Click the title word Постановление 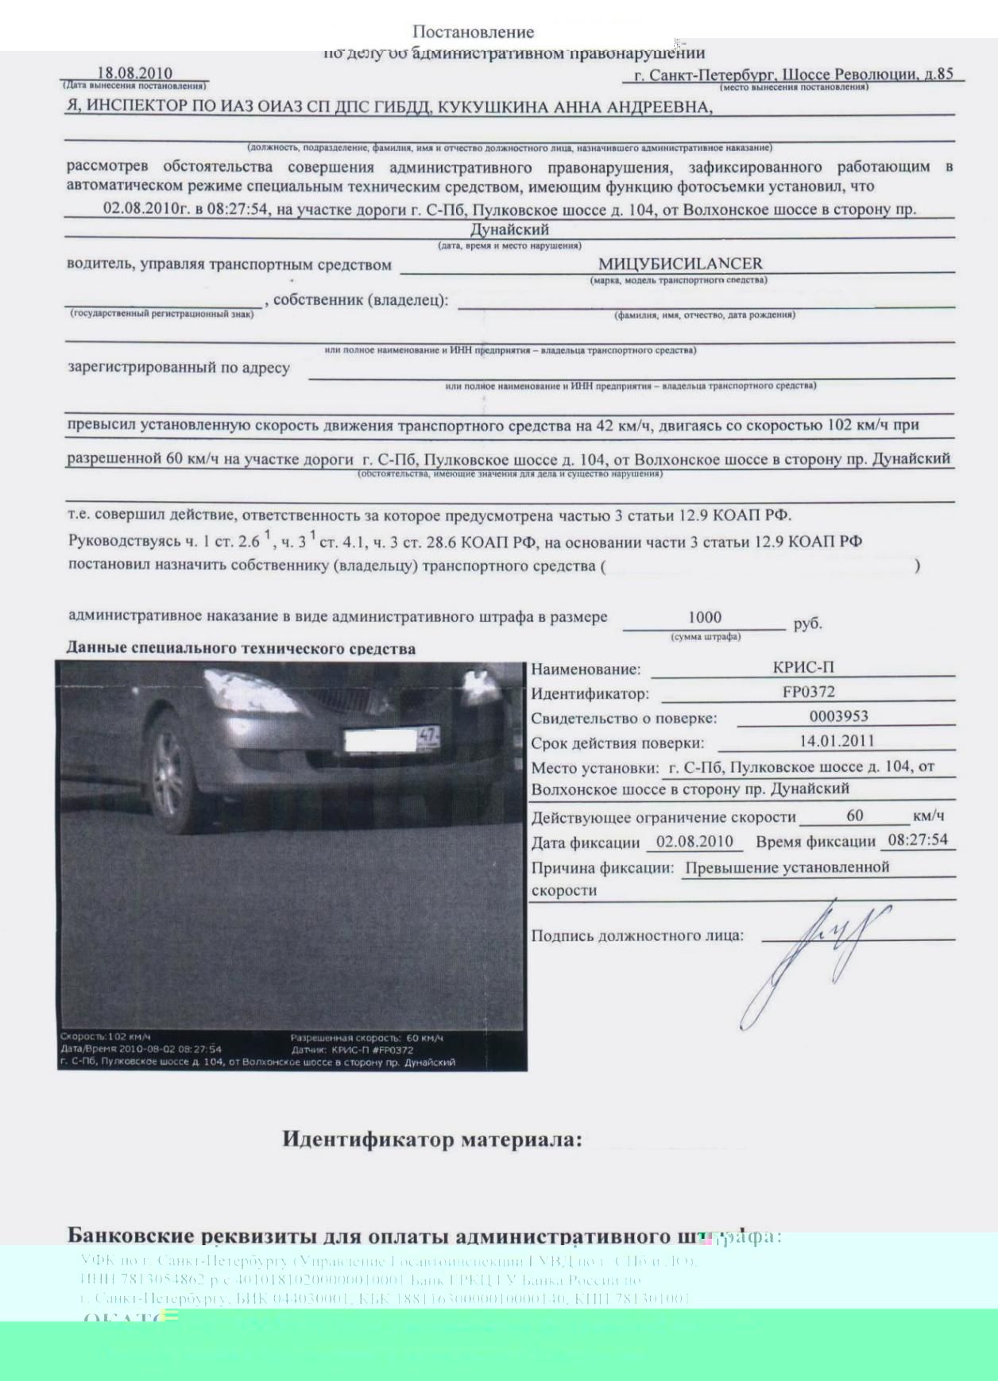pos(473,33)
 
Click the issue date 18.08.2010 pos(134,74)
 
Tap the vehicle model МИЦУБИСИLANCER pos(680,264)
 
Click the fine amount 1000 pos(705,618)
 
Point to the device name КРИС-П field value pos(803,667)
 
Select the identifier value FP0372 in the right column pos(808,692)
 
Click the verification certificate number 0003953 pos(838,716)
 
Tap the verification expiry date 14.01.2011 pos(837,741)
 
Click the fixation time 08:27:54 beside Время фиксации pos(918,840)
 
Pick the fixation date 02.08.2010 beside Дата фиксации pos(694,842)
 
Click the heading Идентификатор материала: pos(432,1140)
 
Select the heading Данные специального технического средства pos(241,648)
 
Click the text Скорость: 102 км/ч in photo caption pos(106,1036)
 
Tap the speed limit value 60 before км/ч pos(854,816)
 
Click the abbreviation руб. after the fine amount pos(807,623)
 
